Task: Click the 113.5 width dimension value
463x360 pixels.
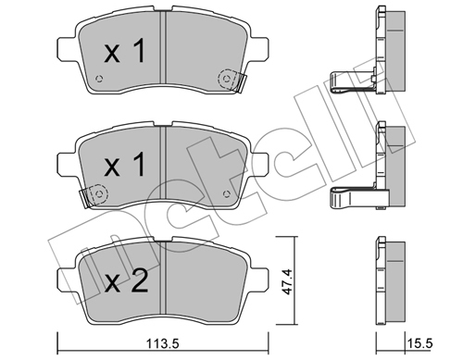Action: point(163,344)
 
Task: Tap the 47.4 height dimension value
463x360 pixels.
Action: point(287,281)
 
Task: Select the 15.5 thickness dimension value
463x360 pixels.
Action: point(419,343)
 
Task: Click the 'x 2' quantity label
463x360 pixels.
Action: point(126,281)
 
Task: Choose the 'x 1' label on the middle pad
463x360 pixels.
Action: point(125,165)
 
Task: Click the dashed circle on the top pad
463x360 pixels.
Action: point(227,79)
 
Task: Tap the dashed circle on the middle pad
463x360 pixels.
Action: point(99,194)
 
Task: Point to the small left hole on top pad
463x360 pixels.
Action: point(99,79)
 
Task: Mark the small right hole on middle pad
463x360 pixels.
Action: point(227,194)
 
